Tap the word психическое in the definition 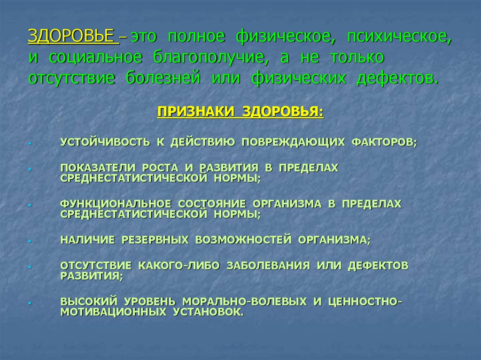click(399, 36)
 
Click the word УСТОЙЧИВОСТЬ click(105, 142)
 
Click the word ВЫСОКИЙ click(89, 301)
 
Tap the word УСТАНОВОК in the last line click(205, 312)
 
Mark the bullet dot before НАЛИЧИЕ click(29, 241)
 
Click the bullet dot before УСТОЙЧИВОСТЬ click(29, 143)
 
